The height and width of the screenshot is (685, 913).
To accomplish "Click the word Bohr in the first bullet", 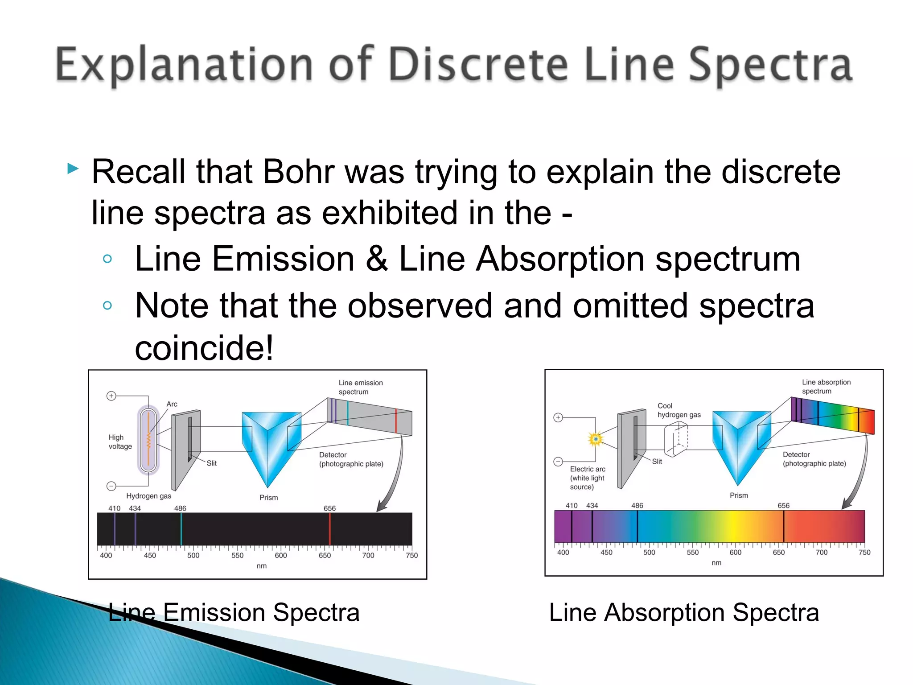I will coord(298,172).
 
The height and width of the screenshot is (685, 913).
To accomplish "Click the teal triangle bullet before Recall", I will coord(73,169).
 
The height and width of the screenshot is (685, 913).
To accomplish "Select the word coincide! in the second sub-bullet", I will coord(204,348).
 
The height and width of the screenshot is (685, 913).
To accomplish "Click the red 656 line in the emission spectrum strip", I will coord(330,529).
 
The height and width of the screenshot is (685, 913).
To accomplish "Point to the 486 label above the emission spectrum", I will coord(180,508).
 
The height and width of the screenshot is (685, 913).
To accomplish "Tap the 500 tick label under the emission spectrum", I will coord(193,556).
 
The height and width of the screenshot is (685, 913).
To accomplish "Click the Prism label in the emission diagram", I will coord(268,498).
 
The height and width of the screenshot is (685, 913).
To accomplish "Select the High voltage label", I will coord(120,442).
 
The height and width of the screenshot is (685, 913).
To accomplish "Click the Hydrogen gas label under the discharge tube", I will coord(148,496).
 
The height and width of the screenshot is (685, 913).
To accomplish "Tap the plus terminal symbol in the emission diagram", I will coord(111,396).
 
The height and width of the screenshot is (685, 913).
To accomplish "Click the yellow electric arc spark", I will coord(596,439).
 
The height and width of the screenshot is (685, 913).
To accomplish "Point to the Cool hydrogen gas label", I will coord(678,410).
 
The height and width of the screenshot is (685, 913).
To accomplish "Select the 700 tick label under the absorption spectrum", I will coord(821,553).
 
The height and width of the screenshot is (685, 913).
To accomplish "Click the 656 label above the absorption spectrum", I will coord(783,506).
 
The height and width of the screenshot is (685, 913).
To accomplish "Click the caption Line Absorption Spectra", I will coord(684,613).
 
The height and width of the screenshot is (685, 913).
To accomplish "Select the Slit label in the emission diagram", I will coord(211,463).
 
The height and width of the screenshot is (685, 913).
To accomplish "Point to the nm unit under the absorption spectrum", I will coord(716,563).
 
